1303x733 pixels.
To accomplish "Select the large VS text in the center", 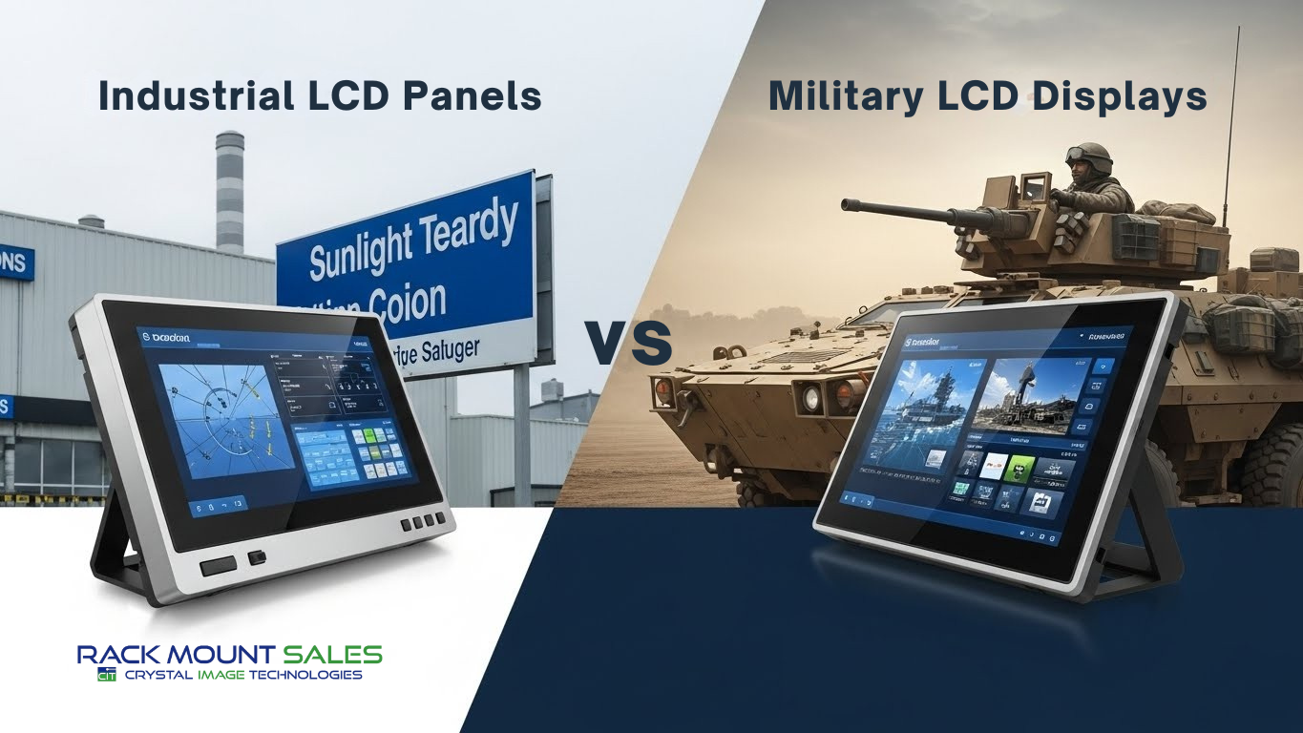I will pos(629,344).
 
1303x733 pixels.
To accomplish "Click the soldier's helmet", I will pos(1088,156).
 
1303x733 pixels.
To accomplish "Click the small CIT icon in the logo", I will pos(105,675).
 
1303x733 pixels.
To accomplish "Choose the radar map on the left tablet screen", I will pos(222,421).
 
